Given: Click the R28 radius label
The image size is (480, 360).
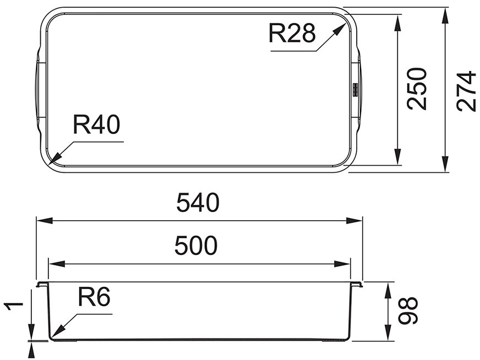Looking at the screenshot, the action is click(292, 33).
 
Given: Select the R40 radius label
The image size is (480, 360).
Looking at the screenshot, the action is click(96, 124).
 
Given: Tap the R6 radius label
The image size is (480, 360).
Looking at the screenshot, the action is click(94, 297).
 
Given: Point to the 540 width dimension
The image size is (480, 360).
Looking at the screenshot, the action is click(198, 203).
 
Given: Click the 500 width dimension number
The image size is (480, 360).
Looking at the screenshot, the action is click(196, 246).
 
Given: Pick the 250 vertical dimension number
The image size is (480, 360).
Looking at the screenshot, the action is click(417, 89).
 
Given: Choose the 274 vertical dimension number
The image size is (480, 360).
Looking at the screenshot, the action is click(466, 91).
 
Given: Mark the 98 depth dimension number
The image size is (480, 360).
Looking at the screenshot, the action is click(408, 310).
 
